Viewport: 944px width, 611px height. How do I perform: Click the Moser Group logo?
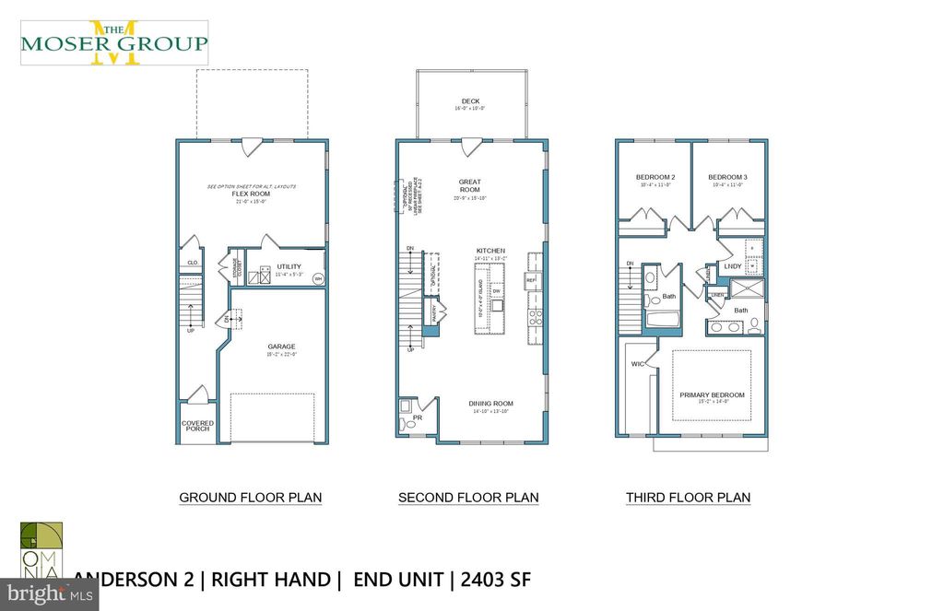pos(114,42)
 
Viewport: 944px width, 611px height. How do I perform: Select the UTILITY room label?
pos(289,266)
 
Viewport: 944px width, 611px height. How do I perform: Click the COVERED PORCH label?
pos(196,426)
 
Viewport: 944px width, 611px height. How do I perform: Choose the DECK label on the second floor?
pos(470,101)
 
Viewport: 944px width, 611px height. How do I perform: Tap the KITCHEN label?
pos(490,251)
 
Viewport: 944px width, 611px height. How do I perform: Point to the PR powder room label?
pos(418,417)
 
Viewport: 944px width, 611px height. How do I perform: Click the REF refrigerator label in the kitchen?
pos(531,279)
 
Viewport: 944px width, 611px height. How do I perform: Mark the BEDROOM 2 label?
pos(655,177)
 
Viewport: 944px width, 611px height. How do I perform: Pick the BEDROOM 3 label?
pos(727,177)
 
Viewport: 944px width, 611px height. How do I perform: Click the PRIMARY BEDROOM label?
pos(712,394)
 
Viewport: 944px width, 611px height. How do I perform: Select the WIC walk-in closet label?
pos(638,365)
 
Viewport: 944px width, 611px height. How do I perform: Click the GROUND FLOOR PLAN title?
pos(250,498)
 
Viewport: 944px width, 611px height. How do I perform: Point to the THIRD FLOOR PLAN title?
pos(688,498)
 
